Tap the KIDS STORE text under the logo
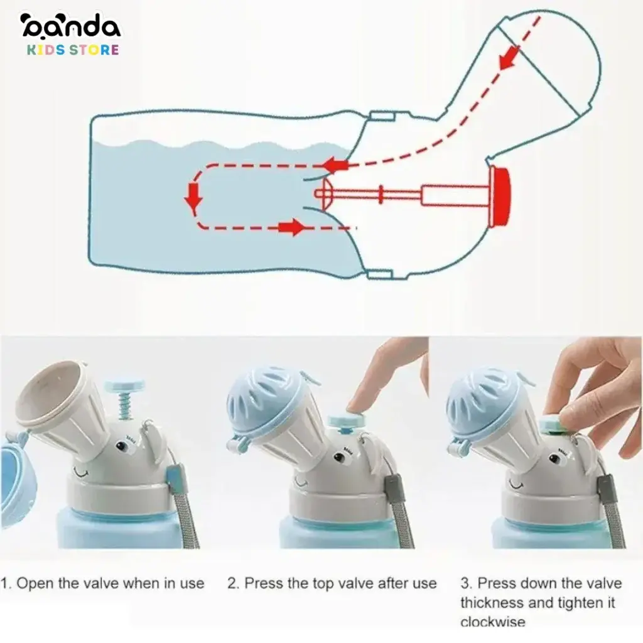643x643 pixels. pos(73,50)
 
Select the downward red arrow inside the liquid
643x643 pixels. pos(193,198)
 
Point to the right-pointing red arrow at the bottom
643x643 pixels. pos(292,227)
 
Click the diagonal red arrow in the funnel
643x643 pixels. pos(509,57)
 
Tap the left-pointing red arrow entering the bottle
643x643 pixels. pos(335,166)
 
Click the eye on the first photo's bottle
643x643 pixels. pos(122,444)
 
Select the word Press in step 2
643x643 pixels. pos(261,583)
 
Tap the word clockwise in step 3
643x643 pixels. pos(493,622)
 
